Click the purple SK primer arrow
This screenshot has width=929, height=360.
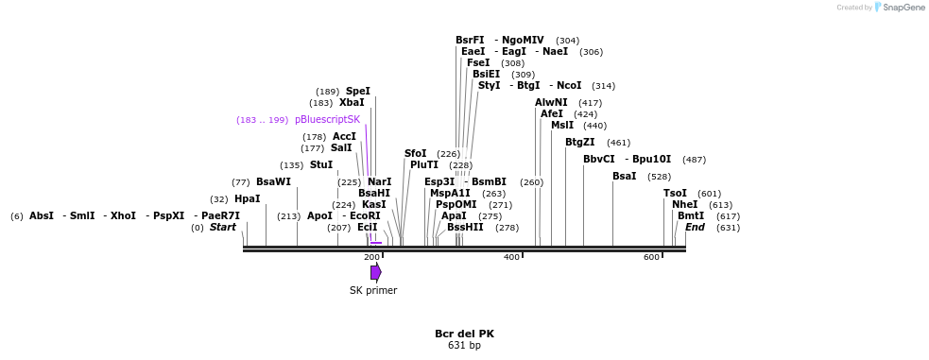tap(375, 272)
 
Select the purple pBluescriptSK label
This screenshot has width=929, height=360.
tap(327, 120)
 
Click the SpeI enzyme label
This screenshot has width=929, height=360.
tap(358, 92)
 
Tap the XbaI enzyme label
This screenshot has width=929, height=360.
tap(352, 103)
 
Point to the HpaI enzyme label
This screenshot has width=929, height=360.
tap(247, 199)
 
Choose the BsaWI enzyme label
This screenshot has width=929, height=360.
tap(273, 182)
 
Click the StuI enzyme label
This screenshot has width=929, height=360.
tap(321, 165)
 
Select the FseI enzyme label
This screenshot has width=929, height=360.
tap(478, 63)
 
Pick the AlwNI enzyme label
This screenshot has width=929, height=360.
tap(551, 103)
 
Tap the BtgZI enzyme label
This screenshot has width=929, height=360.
tap(580, 143)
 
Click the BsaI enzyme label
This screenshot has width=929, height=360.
tap(624, 177)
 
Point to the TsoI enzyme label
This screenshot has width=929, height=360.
tap(675, 194)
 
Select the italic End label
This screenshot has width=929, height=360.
tap(695, 228)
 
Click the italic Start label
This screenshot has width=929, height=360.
tap(223, 228)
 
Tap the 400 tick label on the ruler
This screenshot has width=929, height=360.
tap(511, 257)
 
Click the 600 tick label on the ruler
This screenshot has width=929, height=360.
tap(652, 257)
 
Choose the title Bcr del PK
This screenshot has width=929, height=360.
tap(464, 334)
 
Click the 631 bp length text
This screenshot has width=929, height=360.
tap(464, 346)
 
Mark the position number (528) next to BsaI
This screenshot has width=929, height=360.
tap(660, 177)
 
